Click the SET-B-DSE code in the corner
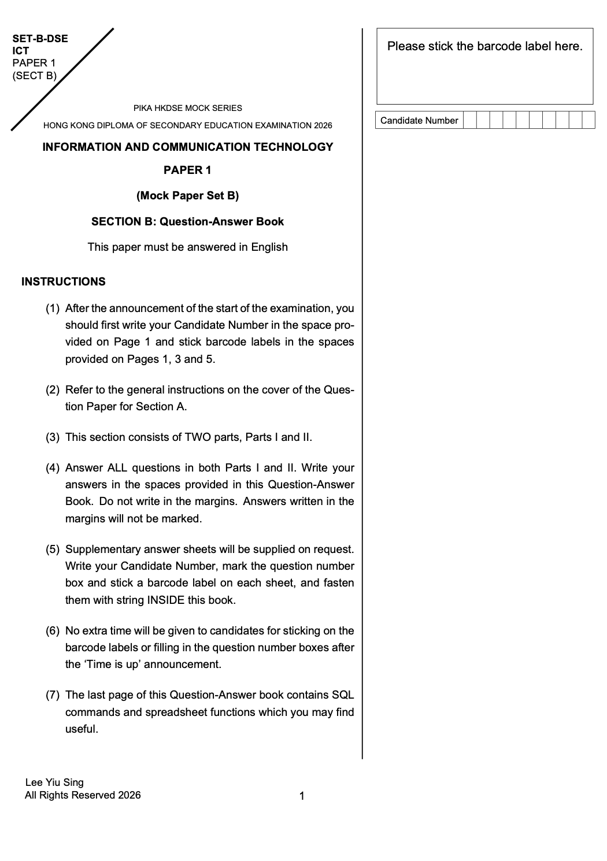click(x=40, y=39)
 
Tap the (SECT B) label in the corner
click(x=35, y=75)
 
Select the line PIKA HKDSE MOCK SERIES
click(x=187, y=108)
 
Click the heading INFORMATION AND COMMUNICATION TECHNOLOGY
click(x=187, y=147)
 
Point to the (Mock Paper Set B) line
click(x=187, y=195)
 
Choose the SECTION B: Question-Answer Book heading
click(x=187, y=221)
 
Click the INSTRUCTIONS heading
click(x=64, y=281)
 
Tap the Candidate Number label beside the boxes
click(x=419, y=120)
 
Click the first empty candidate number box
click(x=470, y=120)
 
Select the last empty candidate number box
click(x=588, y=120)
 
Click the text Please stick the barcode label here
click(x=484, y=46)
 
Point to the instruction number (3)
click(x=53, y=437)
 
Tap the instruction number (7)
click(x=53, y=695)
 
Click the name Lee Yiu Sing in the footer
click(x=54, y=782)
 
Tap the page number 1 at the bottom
click(x=302, y=796)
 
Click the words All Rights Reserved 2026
click(x=83, y=795)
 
